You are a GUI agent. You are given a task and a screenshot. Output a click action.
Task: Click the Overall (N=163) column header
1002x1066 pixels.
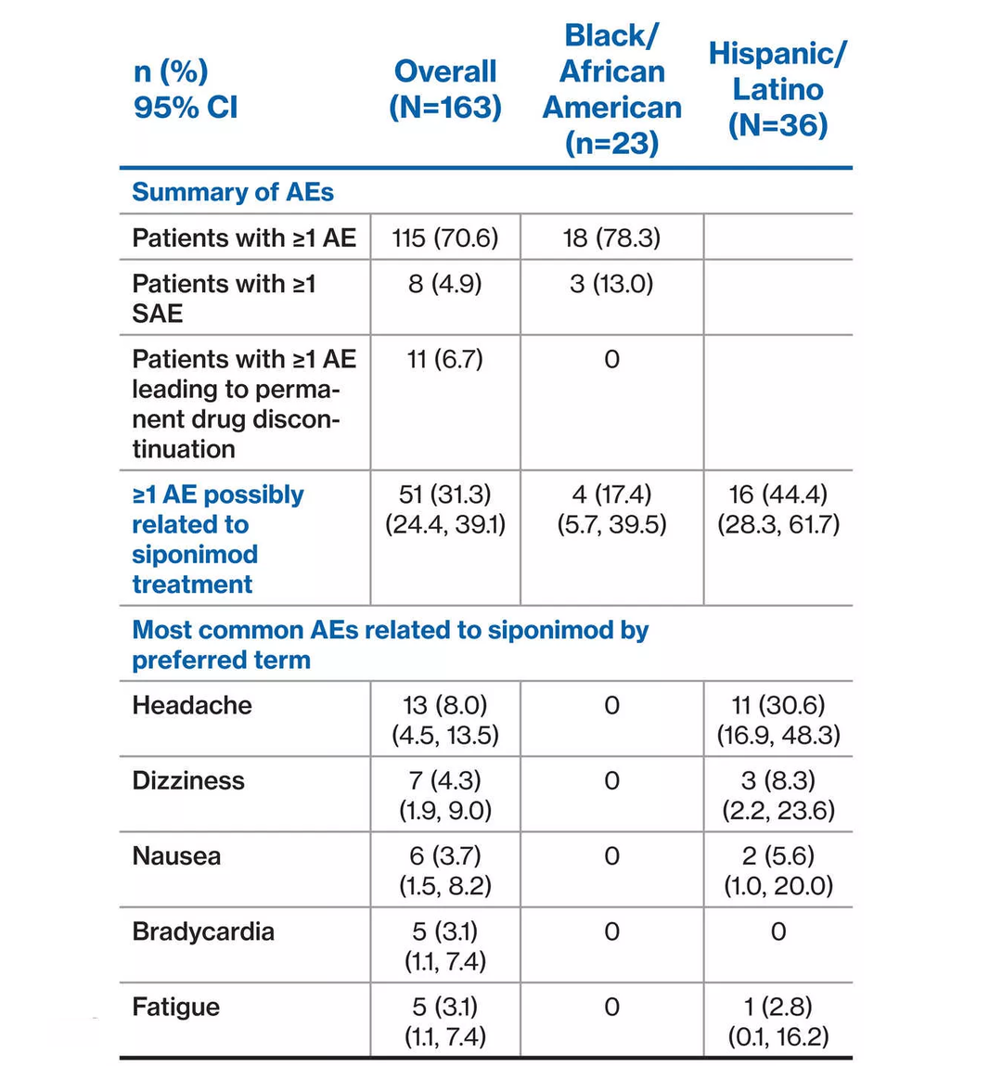pyautogui.click(x=445, y=89)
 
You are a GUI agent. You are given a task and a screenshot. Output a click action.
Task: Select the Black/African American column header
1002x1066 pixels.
pyautogui.click(x=611, y=89)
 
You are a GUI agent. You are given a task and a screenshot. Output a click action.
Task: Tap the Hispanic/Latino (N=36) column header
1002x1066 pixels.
pyautogui.click(x=777, y=89)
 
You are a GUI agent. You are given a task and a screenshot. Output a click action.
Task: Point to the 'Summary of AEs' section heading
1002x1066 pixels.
pyautogui.click(x=233, y=192)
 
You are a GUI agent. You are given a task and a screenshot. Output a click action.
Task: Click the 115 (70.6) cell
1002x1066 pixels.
pyautogui.click(x=445, y=238)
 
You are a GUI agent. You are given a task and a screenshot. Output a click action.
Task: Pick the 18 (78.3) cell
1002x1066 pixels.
pyautogui.click(x=611, y=238)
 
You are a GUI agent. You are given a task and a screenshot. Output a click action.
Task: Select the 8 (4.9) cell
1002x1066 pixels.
pyautogui.click(x=445, y=283)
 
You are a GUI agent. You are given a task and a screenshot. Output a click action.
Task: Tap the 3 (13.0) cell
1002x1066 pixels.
pyautogui.click(x=611, y=283)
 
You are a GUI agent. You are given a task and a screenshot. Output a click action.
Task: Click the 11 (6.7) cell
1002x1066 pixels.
pyautogui.click(x=445, y=359)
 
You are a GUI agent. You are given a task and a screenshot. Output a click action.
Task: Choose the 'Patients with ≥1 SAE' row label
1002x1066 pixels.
pyautogui.click(x=224, y=298)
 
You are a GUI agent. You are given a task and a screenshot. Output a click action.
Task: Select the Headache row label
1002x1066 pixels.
pyautogui.click(x=192, y=705)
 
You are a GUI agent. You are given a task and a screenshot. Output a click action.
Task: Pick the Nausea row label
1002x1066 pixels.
pyautogui.click(x=176, y=855)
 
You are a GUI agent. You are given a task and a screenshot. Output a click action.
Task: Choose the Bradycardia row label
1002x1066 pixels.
pyautogui.click(x=203, y=931)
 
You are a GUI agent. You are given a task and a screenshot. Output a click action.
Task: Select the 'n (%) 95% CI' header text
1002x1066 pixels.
pyautogui.click(x=186, y=89)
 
